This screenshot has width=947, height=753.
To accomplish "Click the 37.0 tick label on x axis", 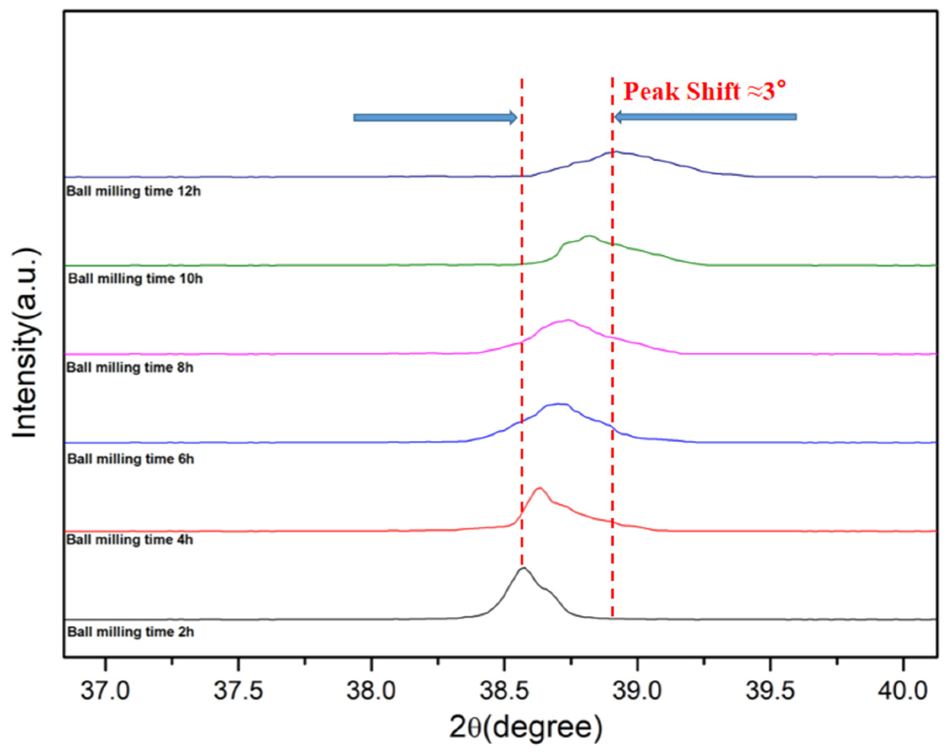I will (105, 691).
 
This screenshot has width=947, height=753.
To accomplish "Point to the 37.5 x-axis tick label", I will (238, 691).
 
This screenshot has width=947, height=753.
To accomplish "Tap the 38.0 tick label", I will (371, 691).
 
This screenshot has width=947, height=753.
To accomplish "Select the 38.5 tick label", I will (504, 691).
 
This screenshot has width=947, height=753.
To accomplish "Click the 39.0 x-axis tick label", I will (637, 691).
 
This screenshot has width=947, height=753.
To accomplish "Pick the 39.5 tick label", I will (770, 691).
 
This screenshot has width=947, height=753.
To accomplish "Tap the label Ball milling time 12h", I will (134, 191).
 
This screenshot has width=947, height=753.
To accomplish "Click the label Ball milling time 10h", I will (135, 278).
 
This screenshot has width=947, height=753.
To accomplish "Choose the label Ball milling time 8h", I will (130, 367).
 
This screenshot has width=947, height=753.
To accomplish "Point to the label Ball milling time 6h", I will (130, 459).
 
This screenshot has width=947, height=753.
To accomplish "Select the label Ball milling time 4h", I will (130, 539).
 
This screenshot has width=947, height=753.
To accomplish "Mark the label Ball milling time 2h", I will (130, 632).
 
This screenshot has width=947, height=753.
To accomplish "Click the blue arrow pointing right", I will (435, 118).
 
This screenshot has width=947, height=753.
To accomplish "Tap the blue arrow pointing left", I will (706, 117).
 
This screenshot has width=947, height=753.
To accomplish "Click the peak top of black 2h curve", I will (523, 568).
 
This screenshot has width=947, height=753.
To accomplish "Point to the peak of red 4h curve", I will (540, 488).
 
